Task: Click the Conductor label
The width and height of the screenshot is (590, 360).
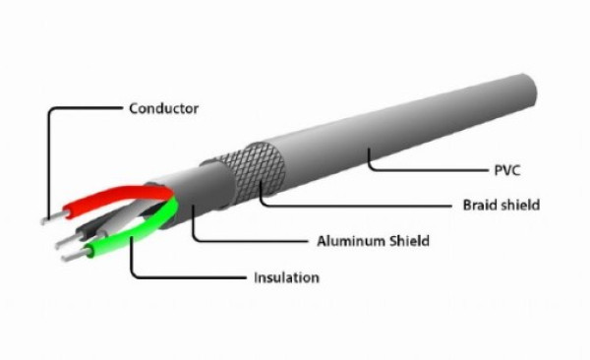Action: (x=163, y=108)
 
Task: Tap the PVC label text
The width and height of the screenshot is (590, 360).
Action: (x=507, y=170)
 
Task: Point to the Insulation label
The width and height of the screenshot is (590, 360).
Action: (x=287, y=277)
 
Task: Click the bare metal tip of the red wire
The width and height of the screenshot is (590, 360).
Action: (x=53, y=217)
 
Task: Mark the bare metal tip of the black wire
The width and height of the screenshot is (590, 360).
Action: (x=67, y=241)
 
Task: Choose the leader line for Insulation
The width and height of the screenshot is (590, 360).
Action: (x=181, y=277)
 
